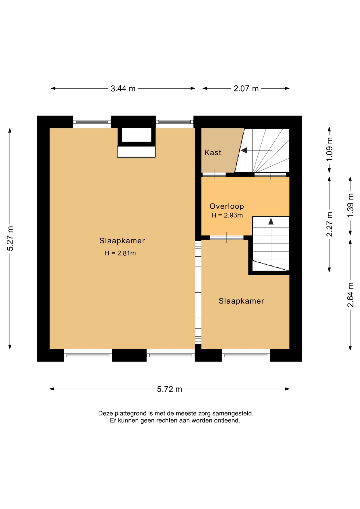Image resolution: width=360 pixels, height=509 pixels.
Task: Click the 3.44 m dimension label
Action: (123, 88)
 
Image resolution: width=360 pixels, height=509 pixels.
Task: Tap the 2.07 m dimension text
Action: (246, 88)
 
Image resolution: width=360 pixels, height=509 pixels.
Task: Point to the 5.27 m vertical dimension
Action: (10, 239)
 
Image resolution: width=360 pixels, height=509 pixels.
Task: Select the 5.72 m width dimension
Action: (169, 389)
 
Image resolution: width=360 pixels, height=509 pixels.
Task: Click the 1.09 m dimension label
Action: (329, 150)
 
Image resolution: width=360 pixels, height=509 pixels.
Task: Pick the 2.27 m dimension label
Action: (329, 224)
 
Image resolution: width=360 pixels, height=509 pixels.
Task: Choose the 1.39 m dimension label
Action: (350, 205)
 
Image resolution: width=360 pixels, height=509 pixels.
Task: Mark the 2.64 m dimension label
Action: (350, 295)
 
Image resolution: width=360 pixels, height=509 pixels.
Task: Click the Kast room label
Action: (213, 152)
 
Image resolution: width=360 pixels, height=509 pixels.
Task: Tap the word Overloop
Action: (227, 206)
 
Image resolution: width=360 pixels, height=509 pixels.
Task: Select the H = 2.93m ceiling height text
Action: (227, 215)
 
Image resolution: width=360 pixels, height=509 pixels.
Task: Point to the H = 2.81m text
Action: (120, 253)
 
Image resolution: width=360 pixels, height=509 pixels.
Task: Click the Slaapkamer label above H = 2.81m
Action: (122, 241)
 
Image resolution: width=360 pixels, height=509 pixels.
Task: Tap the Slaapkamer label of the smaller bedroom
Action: (241, 301)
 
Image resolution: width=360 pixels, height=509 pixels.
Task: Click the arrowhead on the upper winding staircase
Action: (244, 150)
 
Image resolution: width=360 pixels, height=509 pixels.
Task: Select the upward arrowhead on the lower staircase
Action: (271, 221)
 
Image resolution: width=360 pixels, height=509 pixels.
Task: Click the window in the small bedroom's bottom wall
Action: (246, 355)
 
